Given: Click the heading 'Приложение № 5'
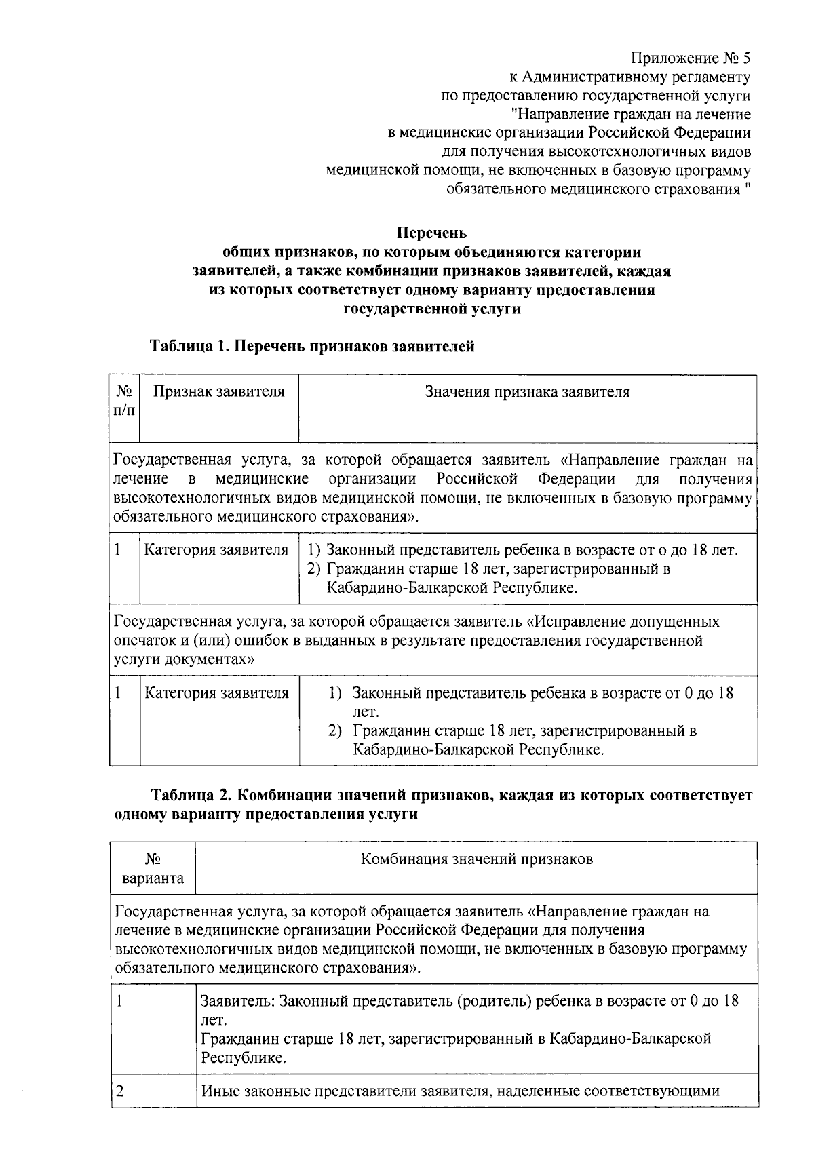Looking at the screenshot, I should coord(691,58).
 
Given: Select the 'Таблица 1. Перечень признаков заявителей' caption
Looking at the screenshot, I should coord(312,347).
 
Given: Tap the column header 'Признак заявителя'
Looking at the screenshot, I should coord(218,392).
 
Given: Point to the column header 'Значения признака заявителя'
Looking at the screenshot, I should coord(527,392).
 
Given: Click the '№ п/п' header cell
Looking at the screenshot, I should coord(124,402).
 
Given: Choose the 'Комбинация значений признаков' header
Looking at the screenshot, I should coord(476,859).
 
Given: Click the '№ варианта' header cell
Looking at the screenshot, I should coord(153,869).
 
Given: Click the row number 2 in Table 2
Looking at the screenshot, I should coord(120,1091).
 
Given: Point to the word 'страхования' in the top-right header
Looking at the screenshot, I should coord(699,189).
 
